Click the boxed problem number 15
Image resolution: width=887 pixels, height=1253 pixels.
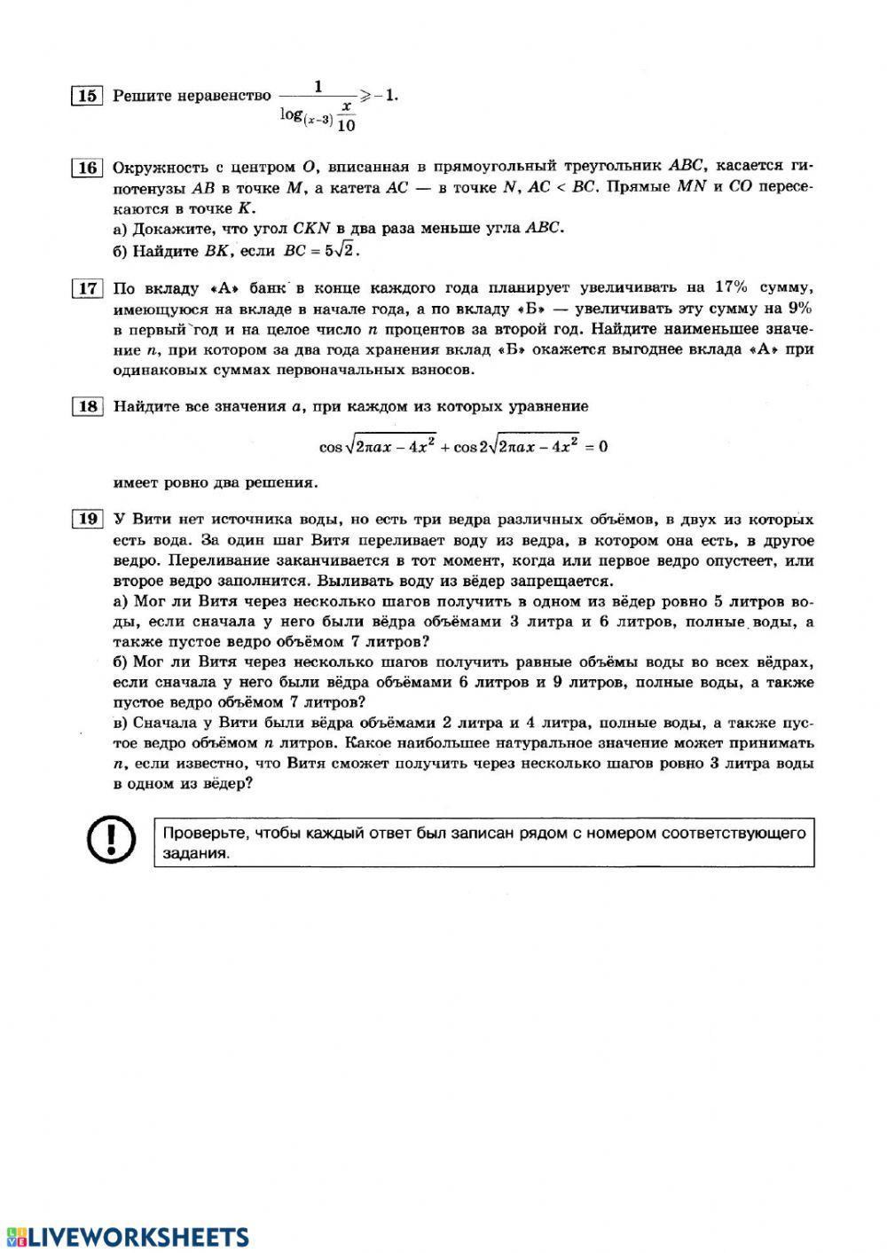(86, 96)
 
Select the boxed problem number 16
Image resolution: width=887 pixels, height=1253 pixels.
(86, 168)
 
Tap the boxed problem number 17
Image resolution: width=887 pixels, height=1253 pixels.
(86, 288)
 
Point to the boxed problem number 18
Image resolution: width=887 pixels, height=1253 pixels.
(86, 406)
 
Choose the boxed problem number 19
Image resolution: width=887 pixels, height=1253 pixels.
(86, 519)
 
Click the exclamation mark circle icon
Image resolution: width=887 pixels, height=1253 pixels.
(111, 838)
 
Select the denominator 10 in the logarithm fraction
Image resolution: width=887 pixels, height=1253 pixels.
(347, 125)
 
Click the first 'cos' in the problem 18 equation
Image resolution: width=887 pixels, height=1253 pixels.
(330, 447)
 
